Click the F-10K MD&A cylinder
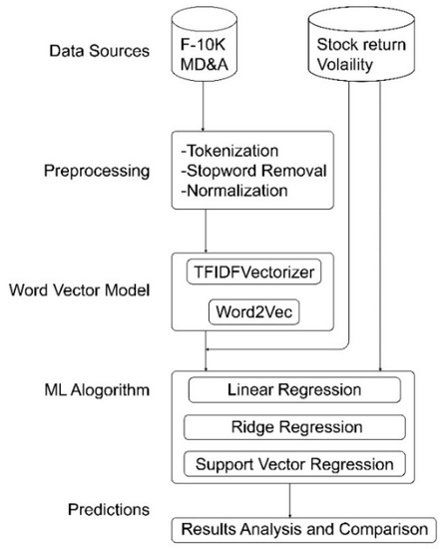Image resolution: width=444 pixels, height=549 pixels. [x=204, y=46]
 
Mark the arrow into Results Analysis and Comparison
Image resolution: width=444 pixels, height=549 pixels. [x=290, y=499]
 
